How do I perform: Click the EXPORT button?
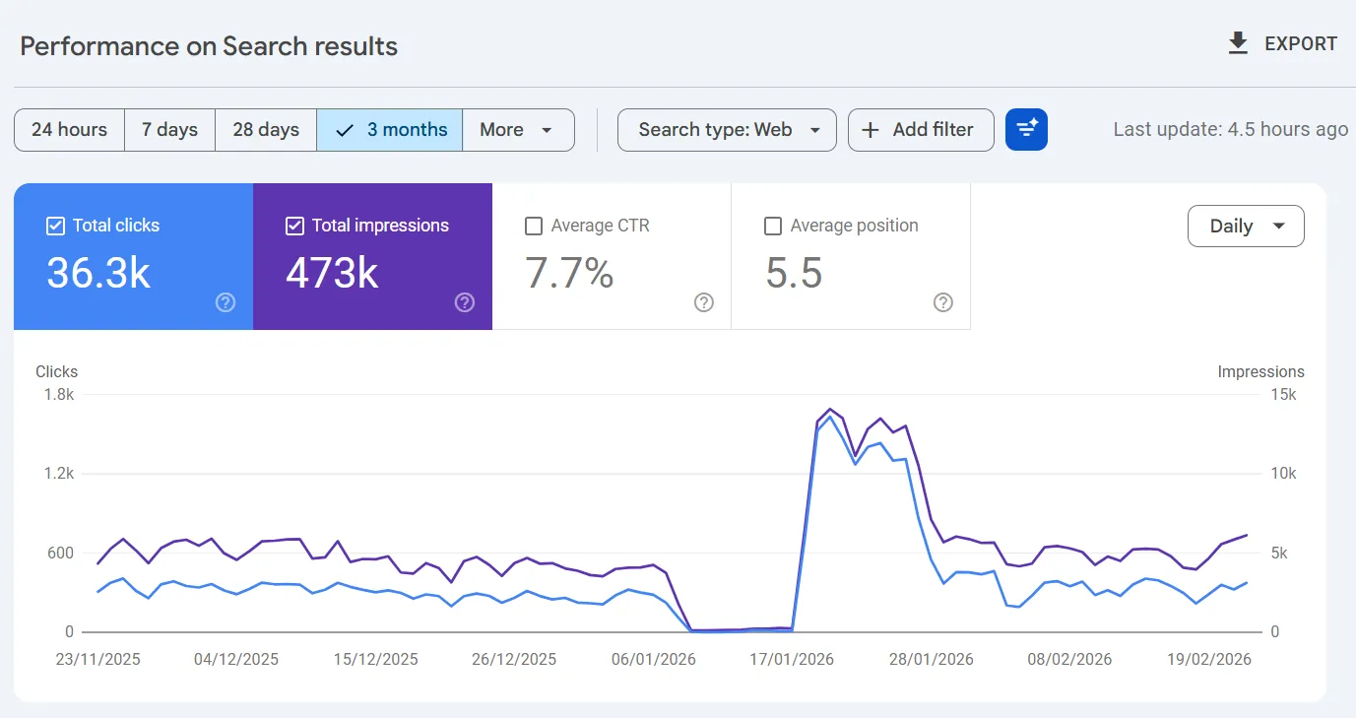click(x=1282, y=44)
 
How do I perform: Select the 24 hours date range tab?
click(x=69, y=130)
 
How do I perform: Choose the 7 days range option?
click(x=169, y=130)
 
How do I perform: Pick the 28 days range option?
click(x=266, y=130)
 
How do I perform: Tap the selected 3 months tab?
click(x=390, y=130)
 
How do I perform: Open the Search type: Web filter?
click(x=727, y=130)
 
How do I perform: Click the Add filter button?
click(x=920, y=130)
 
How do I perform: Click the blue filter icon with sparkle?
click(x=1026, y=130)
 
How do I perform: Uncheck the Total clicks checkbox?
click(x=56, y=227)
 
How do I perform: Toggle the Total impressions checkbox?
click(x=294, y=227)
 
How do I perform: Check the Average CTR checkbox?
click(x=534, y=227)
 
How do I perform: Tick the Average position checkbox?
click(x=773, y=227)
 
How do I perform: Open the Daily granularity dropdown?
click(x=1246, y=227)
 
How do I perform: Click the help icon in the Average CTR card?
click(x=704, y=302)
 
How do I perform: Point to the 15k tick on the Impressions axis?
click(x=1283, y=395)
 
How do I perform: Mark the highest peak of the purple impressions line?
click(x=830, y=408)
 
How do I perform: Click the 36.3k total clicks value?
click(x=98, y=274)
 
